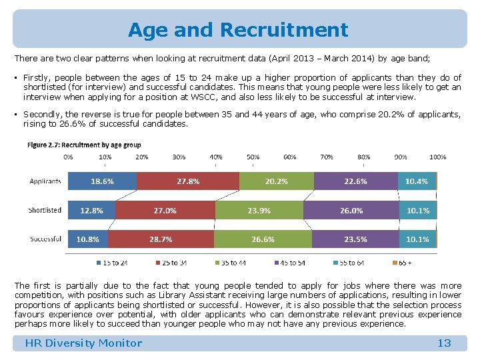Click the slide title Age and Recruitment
point(238,30)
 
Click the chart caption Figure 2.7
point(84,145)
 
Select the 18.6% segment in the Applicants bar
point(102,181)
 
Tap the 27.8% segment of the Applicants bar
point(188,181)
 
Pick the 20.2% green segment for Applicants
point(276,181)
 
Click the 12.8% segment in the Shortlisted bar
point(91,210)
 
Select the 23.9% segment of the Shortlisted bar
point(259,210)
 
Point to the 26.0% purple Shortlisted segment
point(351,210)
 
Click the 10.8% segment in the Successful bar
point(88,239)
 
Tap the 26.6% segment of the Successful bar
point(263,239)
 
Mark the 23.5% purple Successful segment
point(355,239)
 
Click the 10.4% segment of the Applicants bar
point(417,181)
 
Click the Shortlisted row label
point(45,210)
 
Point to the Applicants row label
point(45,181)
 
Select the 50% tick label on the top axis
point(253,157)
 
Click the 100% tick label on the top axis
point(437,157)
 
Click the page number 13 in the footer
point(444,343)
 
